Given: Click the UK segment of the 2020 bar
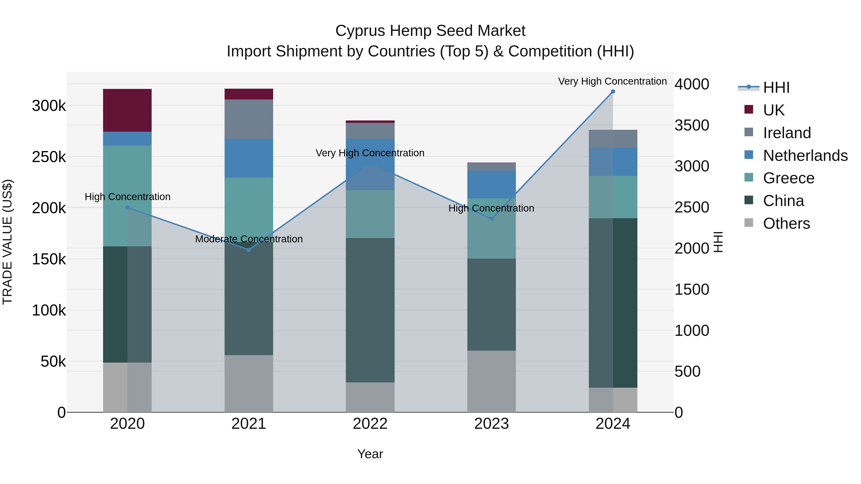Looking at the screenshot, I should [x=127, y=110].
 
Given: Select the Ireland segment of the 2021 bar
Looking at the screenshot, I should [x=249, y=119].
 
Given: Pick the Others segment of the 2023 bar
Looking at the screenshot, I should [x=491, y=381].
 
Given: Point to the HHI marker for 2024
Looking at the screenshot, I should [x=613, y=92].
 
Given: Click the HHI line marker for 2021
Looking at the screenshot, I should [x=249, y=250].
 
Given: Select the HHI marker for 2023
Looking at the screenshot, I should [x=491, y=219].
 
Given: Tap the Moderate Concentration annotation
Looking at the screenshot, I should [x=249, y=239].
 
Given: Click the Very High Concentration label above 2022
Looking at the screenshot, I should [x=370, y=153].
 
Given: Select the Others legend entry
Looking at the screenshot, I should [x=786, y=223].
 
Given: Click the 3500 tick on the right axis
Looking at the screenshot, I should [x=691, y=125].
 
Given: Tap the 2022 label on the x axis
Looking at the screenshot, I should [x=370, y=424].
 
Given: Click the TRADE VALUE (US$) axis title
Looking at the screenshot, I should [x=7, y=242].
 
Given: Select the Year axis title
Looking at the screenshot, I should [x=370, y=454].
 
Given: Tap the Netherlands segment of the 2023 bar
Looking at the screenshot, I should [x=491, y=184].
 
